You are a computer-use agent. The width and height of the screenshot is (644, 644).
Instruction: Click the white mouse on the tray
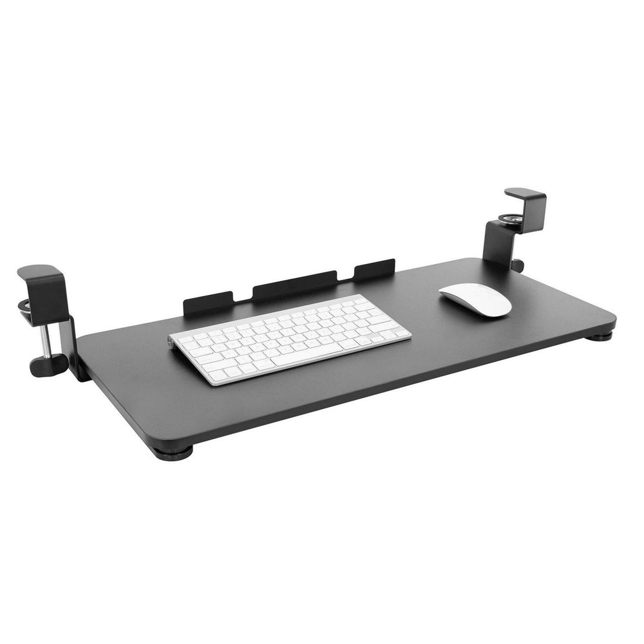click(x=475, y=299)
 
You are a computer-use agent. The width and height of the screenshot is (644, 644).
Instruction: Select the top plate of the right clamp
click(x=525, y=193)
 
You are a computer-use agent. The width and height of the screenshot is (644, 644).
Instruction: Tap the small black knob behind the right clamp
click(x=517, y=264)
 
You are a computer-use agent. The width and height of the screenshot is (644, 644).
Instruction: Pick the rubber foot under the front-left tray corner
click(x=173, y=452)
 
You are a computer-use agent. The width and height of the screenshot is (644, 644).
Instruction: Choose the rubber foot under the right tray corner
click(x=600, y=336)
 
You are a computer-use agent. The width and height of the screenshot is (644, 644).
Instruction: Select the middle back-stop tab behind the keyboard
click(x=294, y=284)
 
